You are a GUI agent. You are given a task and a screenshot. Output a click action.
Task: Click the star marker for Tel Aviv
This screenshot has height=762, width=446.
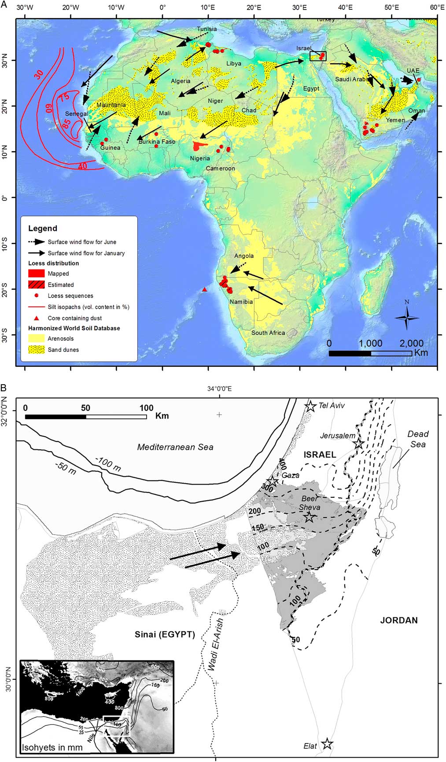[x=311, y=406]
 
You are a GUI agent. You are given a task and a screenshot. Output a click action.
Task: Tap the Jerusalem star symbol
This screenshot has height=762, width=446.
[x=358, y=443]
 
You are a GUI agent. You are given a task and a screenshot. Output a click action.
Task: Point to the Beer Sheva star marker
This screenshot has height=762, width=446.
[x=309, y=517]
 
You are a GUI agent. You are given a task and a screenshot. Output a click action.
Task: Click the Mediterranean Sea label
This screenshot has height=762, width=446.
[x=175, y=447]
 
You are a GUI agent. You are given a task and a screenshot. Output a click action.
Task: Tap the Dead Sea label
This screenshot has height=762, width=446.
[x=418, y=439]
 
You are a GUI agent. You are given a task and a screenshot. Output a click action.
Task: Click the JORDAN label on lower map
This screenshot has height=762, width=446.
[x=398, y=620]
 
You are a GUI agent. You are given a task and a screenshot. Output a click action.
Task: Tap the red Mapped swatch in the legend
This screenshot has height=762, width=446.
[x=37, y=273]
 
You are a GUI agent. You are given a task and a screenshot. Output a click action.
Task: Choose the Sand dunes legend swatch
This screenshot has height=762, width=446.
[x=37, y=350]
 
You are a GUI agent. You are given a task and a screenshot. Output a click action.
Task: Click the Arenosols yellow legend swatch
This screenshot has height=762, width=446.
[x=37, y=339]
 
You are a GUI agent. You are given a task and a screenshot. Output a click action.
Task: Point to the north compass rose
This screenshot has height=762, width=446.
[x=406, y=317]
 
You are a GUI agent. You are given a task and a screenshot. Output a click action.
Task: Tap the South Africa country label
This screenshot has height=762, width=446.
[x=268, y=333]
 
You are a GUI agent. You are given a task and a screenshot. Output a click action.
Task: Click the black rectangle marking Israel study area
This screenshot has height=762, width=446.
[x=318, y=56]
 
